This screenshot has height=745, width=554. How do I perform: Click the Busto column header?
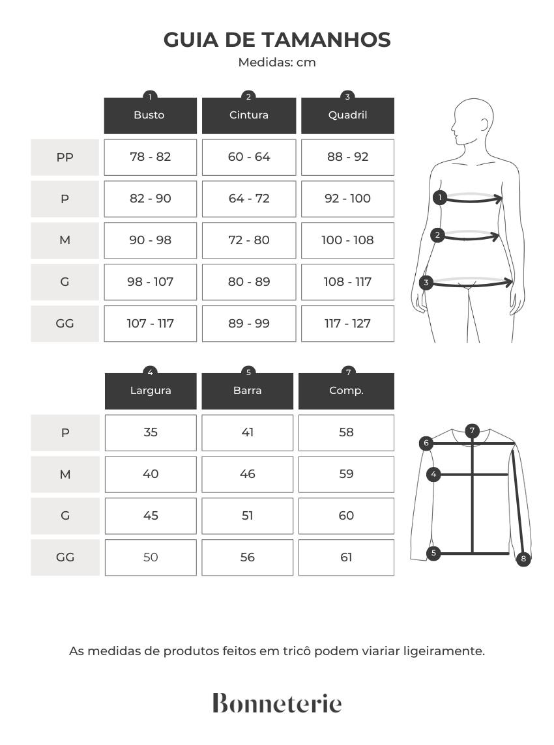[x=151, y=115]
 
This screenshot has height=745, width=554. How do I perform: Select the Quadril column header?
[x=347, y=115]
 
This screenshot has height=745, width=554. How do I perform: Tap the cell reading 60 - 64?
[x=249, y=157]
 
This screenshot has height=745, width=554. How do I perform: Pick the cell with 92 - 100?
[x=347, y=199]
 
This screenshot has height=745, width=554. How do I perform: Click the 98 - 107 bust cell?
[x=151, y=282]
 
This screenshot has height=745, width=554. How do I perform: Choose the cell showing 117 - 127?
[x=347, y=324]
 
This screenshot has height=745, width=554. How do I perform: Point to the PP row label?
[x=65, y=157]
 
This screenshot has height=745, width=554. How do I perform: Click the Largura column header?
[x=151, y=391]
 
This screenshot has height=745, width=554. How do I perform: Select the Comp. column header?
[x=346, y=391]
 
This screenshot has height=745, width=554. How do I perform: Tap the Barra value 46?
[x=247, y=474]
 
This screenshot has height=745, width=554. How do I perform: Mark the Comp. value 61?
[x=346, y=557]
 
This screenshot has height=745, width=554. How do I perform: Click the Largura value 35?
[x=151, y=432]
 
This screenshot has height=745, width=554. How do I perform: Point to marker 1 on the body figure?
[x=440, y=197]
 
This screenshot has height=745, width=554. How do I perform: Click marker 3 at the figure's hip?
[x=426, y=283]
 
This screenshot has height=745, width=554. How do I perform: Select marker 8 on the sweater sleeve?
[x=523, y=559]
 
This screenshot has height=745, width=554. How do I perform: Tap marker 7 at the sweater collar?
[x=473, y=431]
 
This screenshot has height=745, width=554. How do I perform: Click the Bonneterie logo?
[x=277, y=703]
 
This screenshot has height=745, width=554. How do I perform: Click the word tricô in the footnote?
[x=296, y=651]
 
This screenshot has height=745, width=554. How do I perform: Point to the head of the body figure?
[x=473, y=122]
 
